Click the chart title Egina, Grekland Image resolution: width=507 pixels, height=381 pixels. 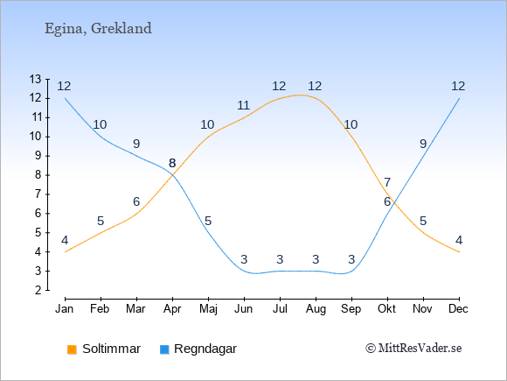(x=98, y=29)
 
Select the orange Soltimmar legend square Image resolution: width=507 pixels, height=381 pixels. (x=72, y=349)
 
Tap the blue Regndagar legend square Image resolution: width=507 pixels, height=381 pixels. (x=164, y=349)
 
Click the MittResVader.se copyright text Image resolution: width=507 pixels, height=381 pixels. (x=413, y=349)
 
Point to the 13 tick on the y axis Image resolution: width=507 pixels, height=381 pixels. (x=35, y=79)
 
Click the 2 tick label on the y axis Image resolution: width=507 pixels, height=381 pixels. (x=38, y=290)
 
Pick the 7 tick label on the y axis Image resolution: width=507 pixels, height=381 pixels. (x=38, y=194)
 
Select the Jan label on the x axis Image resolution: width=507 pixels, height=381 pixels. (x=65, y=309)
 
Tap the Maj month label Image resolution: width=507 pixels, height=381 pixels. (x=208, y=309)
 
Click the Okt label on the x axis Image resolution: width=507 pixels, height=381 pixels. (x=386, y=309)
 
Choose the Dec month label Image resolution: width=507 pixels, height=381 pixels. (x=459, y=309)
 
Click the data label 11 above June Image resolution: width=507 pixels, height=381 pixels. (x=243, y=105)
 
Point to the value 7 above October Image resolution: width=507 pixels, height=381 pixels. (x=387, y=182)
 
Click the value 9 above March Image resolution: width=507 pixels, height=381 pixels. (x=136, y=144)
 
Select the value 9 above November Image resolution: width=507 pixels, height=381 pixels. (x=423, y=144)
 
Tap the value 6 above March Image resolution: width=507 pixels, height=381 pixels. (x=136, y=201)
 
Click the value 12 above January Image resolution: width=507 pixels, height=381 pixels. (x=64, y=86)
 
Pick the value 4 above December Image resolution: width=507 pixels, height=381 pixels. (x=459, y=240)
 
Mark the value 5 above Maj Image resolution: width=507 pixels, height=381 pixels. (x=208, y=221)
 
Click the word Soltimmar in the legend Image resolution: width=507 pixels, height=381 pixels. (x=111, y=349)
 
